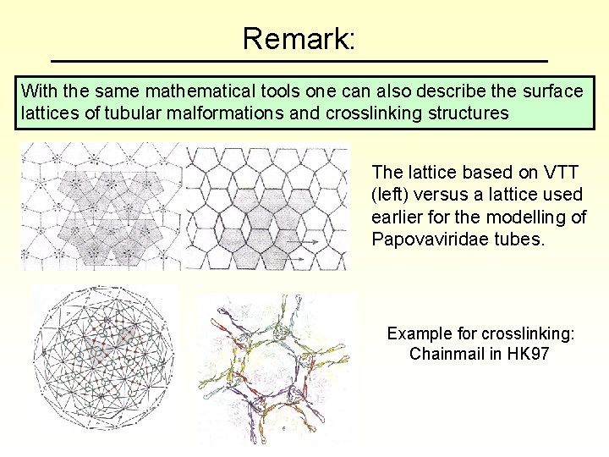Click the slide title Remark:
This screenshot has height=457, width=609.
299,38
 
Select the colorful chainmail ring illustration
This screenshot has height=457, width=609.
275,371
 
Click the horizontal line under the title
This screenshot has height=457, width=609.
299,62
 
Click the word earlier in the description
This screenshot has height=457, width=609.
397,217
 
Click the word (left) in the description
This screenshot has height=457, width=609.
392,195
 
